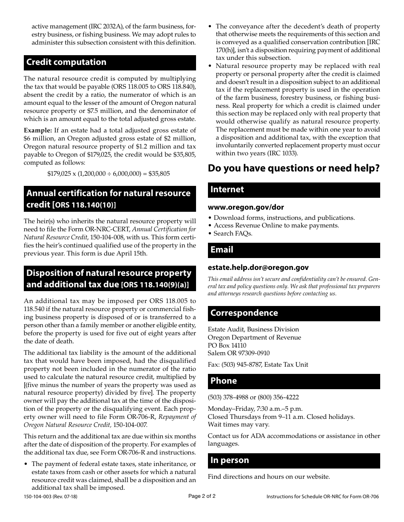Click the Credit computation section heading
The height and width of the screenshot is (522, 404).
point(110,62)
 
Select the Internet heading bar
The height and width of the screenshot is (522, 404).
point(293,190)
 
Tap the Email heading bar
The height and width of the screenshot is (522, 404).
point(293,250)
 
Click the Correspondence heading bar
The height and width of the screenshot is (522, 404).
point(293,313)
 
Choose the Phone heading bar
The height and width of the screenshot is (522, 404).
point(293,381)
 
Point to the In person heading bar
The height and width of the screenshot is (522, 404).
point(293,460)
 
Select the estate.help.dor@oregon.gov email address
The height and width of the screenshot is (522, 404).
point(258,268)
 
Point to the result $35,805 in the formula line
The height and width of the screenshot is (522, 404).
point(158,174)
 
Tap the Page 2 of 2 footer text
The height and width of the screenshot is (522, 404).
point(202,496)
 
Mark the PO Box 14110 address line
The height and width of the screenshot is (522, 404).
point(227,345)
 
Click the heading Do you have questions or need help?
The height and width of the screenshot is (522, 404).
point(293,168)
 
